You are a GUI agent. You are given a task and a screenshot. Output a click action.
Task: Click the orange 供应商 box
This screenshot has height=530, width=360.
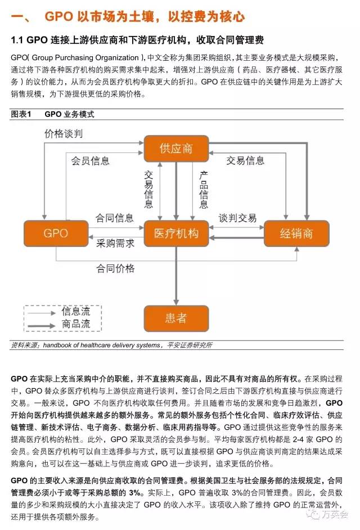(x=176, y=149)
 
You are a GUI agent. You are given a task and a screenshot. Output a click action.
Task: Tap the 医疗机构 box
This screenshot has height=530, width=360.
(x=176, y=233)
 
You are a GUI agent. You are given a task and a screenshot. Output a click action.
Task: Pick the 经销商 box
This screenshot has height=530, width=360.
(x=296, y=233)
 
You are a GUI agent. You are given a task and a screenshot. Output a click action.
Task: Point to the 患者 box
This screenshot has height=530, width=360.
(x=176, y=318)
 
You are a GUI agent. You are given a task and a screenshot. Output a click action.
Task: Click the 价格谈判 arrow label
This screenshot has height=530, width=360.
(x=64, y=134)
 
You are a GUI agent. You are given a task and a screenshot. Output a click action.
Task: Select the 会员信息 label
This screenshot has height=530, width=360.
(x=90, y=161)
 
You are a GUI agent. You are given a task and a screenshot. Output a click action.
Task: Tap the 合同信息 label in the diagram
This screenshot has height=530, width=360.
(x=115, y=218)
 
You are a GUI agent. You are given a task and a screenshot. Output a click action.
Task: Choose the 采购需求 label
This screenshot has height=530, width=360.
(x=115, y=244)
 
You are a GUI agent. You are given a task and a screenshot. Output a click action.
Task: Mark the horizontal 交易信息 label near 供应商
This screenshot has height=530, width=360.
(x=245, y=161)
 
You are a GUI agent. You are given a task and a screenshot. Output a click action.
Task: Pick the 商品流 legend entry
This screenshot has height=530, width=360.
(x=76, y=324)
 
